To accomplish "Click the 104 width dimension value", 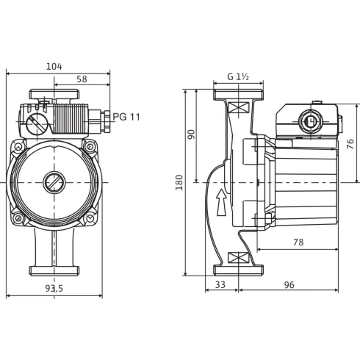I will (54, 66).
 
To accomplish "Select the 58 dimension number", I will (81, 79).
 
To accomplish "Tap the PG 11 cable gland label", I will (126, 116).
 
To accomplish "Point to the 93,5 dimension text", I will (54, 289).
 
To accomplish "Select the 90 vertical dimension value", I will (192, 135).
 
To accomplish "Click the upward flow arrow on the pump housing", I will (220, 201).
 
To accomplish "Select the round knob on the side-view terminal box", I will (310, 123).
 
